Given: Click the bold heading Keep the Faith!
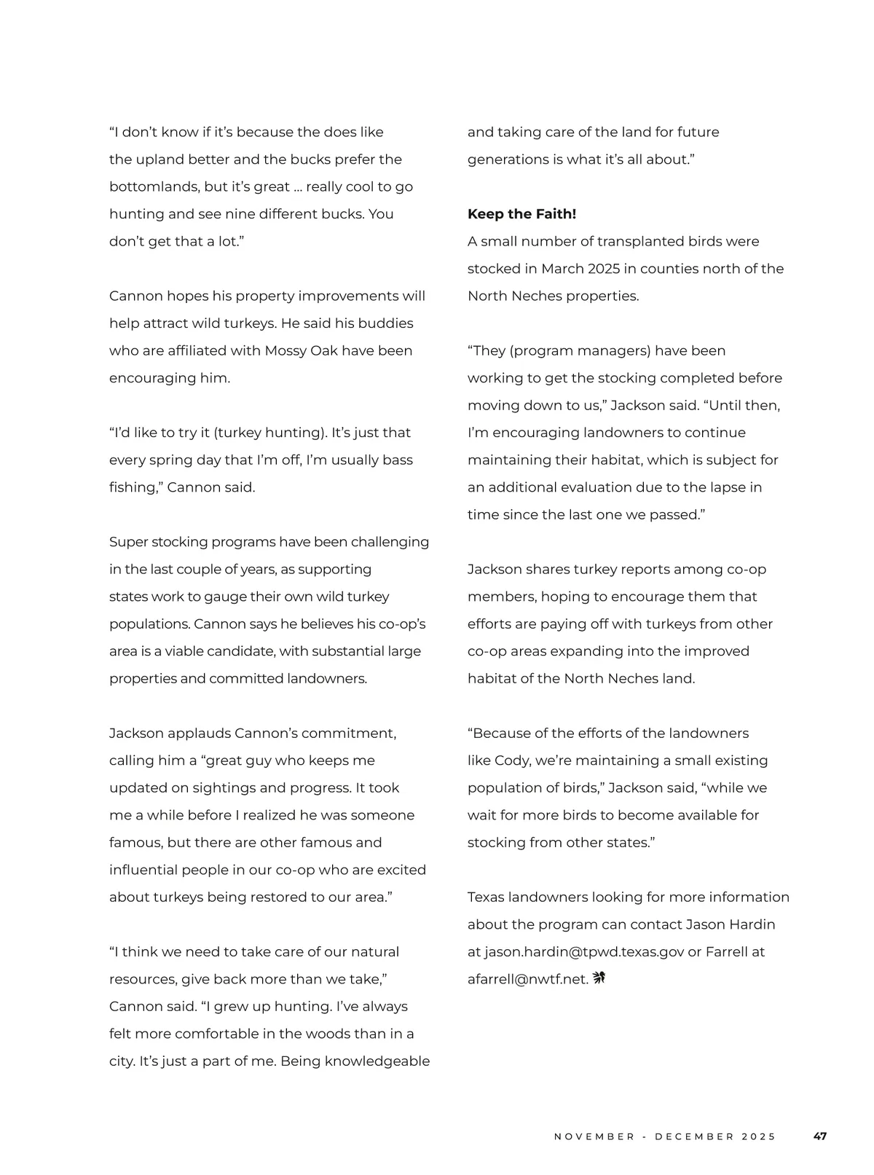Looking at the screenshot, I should [x=521, y=214].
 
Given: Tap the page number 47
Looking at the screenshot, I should [x=820, y=1136].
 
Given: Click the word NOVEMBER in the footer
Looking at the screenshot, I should [x=594, y=1136].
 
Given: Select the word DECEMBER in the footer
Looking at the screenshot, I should [x=695, y=1136].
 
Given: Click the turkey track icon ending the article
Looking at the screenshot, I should [x=599, y=978].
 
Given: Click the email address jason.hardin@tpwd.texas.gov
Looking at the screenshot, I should [x=584, y=952].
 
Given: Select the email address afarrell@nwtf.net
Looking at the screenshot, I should [x=527, y=980].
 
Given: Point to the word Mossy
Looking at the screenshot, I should [x=286, y=351].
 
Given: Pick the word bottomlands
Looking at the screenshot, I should [x=154, y=187].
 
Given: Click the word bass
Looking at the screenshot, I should [x=399, y=460].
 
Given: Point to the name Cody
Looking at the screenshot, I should [x=511, y=761].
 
